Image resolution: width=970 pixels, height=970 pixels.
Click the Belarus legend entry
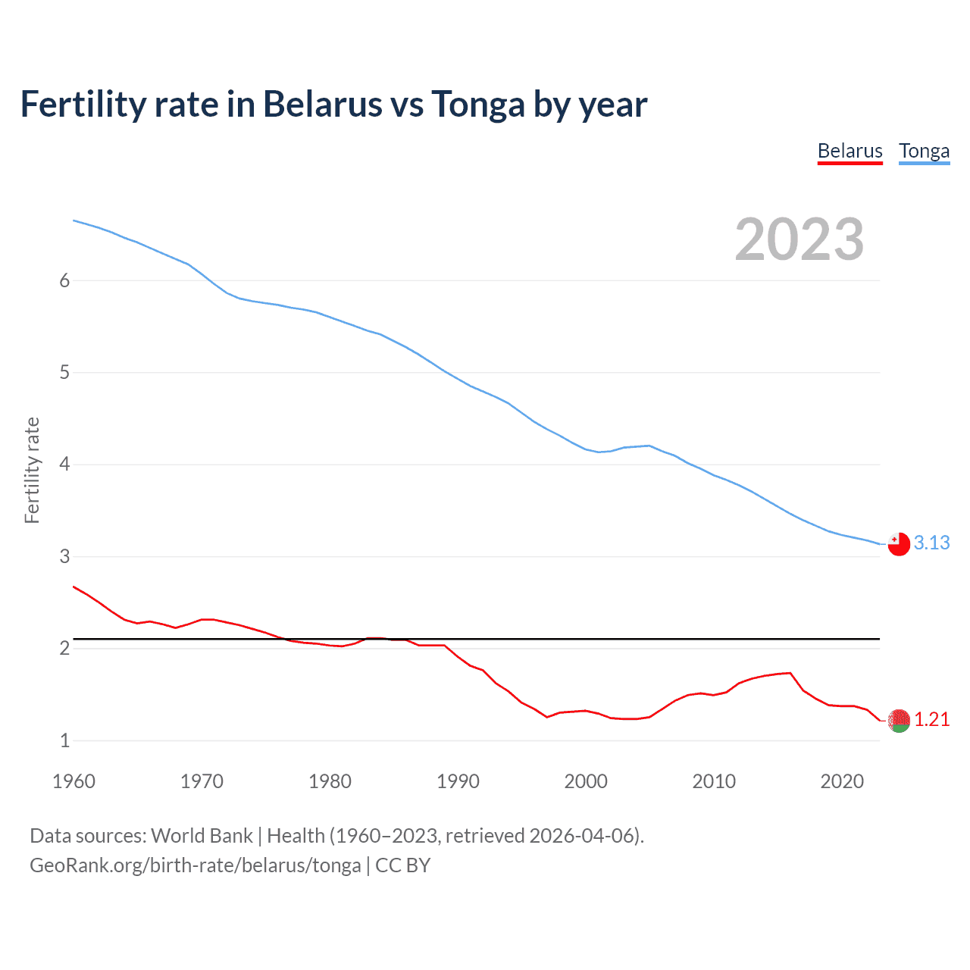[850, 152]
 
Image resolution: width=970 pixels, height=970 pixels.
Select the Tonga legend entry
[924, 152]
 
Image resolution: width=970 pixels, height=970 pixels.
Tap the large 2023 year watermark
[799, 239]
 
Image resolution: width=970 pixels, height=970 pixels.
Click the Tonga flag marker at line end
[898, 544]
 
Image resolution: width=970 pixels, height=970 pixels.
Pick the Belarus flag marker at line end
[898, 720]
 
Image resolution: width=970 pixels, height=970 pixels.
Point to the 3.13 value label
[931, 543]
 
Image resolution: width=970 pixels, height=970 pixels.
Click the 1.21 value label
[931, 719]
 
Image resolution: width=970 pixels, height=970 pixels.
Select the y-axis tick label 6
[64, 281]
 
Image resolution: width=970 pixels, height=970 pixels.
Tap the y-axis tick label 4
[64, 465]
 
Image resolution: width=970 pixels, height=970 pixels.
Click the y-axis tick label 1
[64, 740]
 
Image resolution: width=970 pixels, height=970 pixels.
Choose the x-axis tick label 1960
[74, 781]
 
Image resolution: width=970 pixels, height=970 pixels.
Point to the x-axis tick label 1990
[458, 781]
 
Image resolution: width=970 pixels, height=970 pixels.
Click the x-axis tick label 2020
[842, 781]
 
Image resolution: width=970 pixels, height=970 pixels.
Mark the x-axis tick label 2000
[586, 781]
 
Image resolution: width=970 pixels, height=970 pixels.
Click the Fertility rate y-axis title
[32, 470]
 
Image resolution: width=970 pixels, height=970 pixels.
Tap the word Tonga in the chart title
[477, 105]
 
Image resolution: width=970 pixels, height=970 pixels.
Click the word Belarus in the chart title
[323, 105]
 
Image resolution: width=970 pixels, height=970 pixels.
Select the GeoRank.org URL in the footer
[195, 865]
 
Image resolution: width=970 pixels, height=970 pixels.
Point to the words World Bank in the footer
[202, 836]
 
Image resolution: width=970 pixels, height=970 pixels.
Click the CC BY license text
[402, 865]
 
